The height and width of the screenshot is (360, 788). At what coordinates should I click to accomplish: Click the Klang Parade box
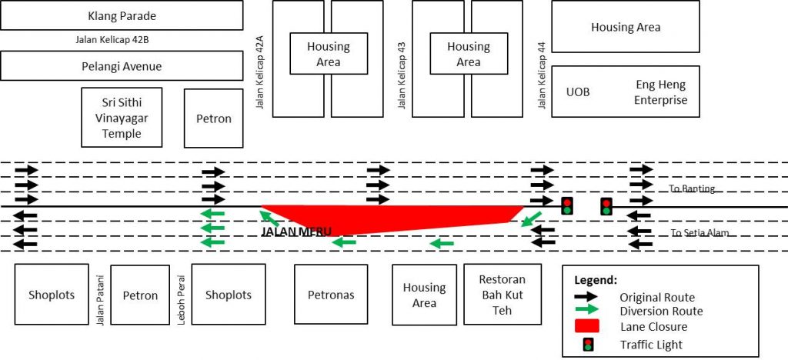point(122,15)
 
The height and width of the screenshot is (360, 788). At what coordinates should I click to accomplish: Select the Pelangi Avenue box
point(122,66)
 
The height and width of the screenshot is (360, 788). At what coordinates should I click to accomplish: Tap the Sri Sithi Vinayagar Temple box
point(122,117)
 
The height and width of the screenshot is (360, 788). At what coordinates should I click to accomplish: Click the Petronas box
point(330,295)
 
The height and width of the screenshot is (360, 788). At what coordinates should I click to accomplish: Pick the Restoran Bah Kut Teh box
point(502,295)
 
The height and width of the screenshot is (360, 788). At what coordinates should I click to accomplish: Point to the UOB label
point(577,92)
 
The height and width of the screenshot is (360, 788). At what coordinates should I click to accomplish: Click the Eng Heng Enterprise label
point(661,92)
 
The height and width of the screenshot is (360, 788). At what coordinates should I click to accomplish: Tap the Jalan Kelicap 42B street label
point(116,41)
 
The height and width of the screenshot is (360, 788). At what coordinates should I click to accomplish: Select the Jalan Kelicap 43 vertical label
point(402,75)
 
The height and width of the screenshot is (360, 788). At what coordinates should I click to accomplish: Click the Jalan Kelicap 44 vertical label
point(542,75)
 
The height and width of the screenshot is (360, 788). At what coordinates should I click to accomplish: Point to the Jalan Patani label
point(100,295)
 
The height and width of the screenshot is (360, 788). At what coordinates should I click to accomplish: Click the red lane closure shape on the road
point(385,218)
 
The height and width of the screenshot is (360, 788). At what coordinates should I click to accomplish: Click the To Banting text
point(693,189)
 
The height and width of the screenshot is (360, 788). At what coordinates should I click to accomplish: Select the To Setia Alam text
point(699,233)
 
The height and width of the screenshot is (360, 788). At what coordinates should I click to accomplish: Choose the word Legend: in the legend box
point(595,281)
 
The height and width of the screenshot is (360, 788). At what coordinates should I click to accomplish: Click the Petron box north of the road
point(213,118)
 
